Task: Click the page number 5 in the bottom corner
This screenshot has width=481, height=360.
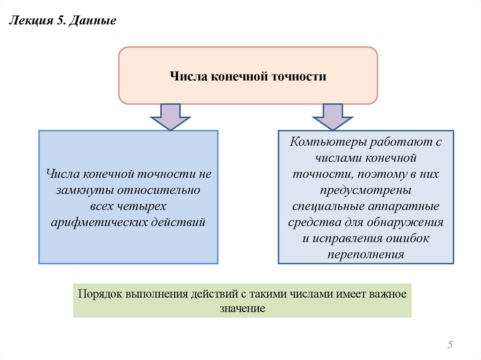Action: pos(450,345)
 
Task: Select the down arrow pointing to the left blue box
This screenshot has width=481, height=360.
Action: pos(170,116)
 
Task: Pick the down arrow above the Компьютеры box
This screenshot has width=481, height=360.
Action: pos(333,116)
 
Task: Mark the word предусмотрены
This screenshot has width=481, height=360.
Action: pos(365,190)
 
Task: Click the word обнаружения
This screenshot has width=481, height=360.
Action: pos(408,222)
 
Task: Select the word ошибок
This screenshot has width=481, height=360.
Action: pos(408,238)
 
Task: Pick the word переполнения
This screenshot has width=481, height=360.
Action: pos(365,254)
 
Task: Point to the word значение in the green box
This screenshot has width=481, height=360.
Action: pos(242,308)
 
